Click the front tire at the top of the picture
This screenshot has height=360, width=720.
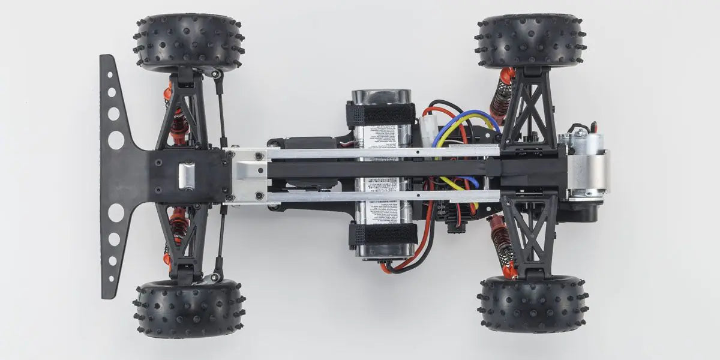click(188, 41)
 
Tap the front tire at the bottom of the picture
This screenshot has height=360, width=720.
click(188, 308)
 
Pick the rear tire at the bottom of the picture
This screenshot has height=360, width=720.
click(532, 304)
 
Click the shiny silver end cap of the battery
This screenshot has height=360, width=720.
click(382, 97)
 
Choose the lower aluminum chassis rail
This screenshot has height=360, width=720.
click(384, 196)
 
